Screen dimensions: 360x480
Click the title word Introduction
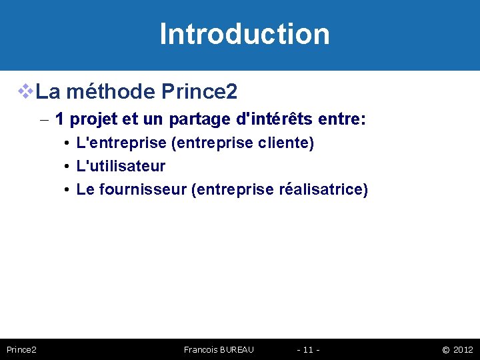coord(245,34)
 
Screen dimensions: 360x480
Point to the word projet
coord(94,120)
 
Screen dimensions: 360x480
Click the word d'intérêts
coord(281,120)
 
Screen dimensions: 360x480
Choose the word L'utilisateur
coord(121,166)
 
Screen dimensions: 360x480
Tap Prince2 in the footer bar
coord(21,349)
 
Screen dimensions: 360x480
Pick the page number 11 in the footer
coord(308,349)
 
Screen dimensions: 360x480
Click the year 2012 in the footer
coord(463,349)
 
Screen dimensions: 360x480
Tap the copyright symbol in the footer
coord(445,349)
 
